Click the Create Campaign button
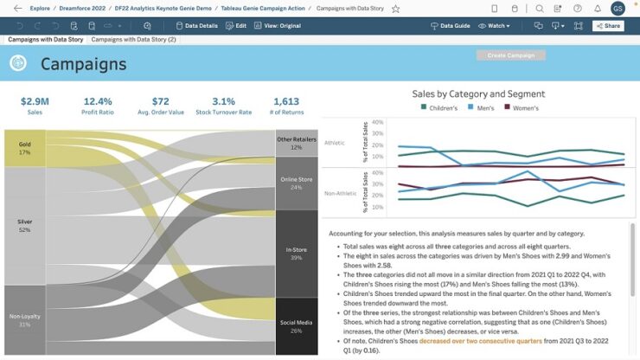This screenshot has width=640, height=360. [510, 55]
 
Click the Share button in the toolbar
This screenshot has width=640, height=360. [608, 26]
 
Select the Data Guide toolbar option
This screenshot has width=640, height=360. [451, 26]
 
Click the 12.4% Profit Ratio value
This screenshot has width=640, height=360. [98, 101]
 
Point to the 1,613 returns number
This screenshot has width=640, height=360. [285, 101]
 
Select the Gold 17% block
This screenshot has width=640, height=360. [24, 148]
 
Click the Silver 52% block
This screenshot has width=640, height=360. [24, 226]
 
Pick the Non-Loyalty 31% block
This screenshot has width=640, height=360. [24, 320]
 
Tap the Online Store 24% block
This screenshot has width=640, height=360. [297, 183]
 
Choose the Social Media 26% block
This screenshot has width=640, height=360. [297, 326]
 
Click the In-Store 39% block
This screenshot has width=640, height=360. [297, 254]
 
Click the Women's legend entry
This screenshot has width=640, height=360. [522, 108]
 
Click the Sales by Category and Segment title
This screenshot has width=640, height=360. [478, 93]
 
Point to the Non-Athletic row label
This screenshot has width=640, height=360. [342, 192]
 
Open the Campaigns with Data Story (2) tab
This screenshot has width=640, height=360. [133, 40]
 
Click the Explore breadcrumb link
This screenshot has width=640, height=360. [40, 8]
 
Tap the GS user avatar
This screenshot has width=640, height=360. [618, 8]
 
